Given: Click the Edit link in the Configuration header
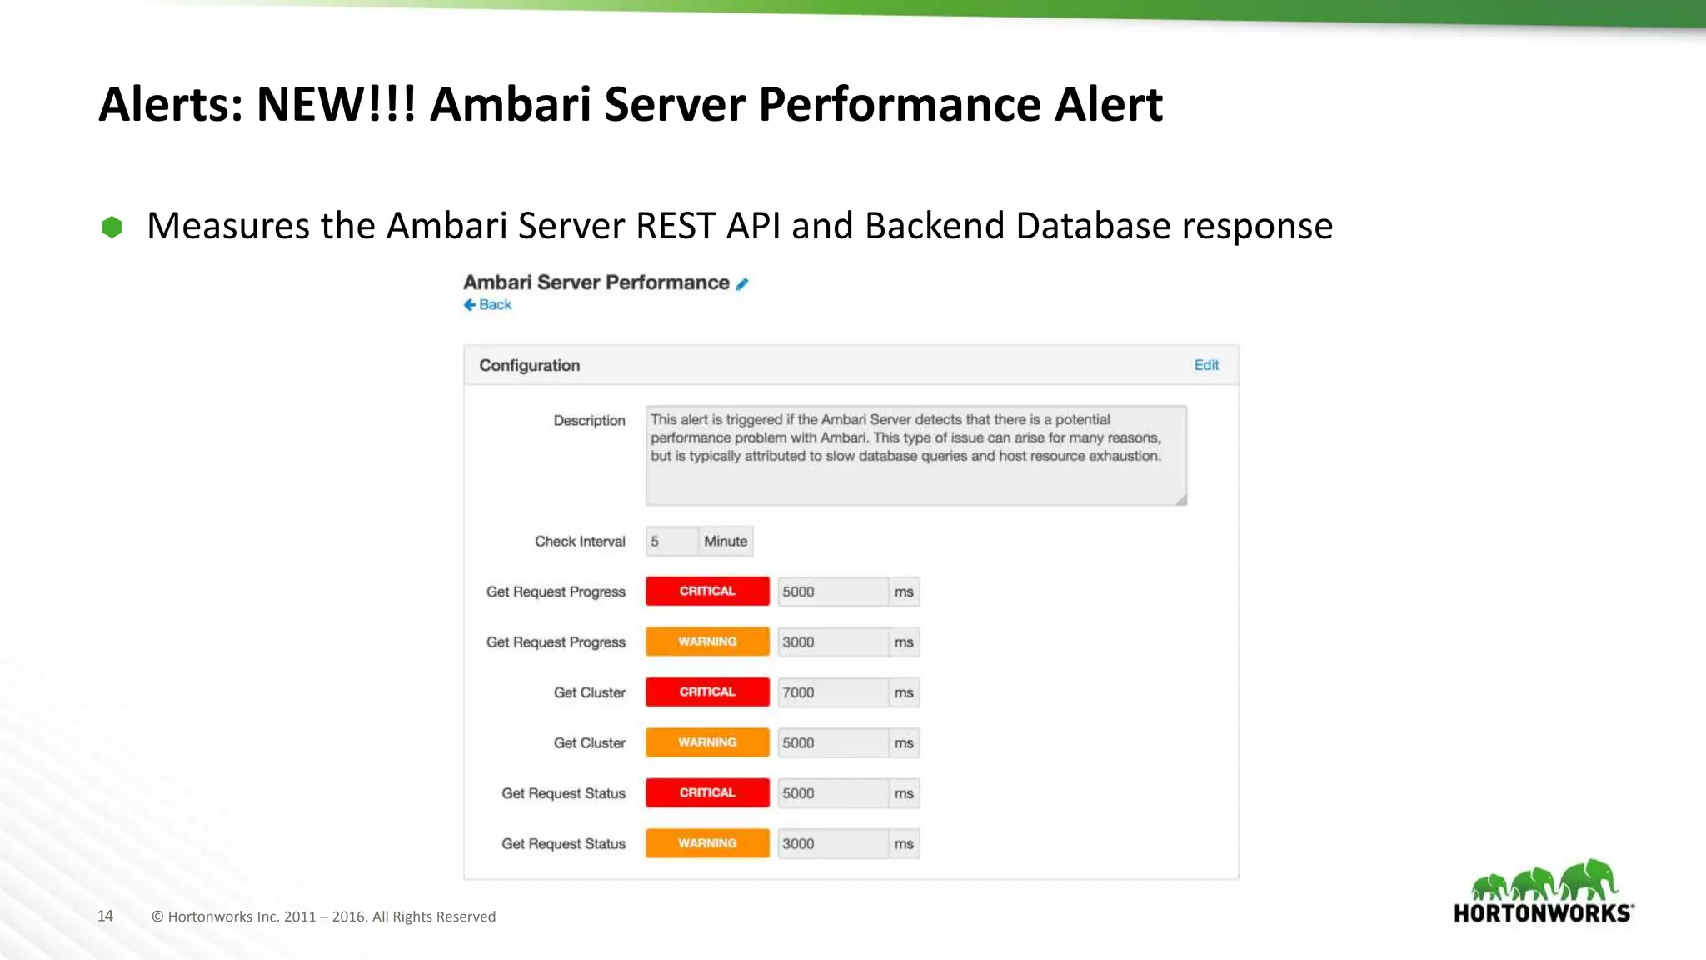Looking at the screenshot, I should pyautogui.click(x=1205, y=365).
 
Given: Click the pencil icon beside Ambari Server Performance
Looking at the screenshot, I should pyautogui.click(x=742, y=284).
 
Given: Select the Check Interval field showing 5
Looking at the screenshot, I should pyautogui.click(x=671, y=542).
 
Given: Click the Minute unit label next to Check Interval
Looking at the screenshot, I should pyautogui.click(x=726, y=542).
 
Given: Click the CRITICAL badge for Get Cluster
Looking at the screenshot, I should pyautogui.click(x=707, y=692).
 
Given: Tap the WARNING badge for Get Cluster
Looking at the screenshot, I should pyautogui.click(x=707, y=742).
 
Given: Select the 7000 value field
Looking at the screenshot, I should pyautogui.click(x=832, y=693).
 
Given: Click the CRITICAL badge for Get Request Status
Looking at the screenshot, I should pyautogui.click(x=707, y=793).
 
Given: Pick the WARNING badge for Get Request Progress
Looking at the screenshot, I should pyautogui.click(x=707, y=642).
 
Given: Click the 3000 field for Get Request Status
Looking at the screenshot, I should pyautogui.click(x=832, y=844).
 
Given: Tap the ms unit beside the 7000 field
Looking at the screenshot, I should pyautogui.click(x=904, y=693).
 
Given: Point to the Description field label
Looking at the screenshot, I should pyautogui.click(x=589, y=421).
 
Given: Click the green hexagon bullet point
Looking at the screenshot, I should pyautogui.click(x=112, y=227).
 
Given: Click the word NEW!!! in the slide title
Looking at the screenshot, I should pyautogui.click(x=336, y=105).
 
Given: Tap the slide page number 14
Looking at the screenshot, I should pyautogui.click(x=105, y=917).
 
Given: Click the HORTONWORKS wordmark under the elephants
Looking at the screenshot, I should pyautogui.click(x=1542, y=913).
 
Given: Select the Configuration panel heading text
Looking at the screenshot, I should pyautogui.click(x=530, y=366).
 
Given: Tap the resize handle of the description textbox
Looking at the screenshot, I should pyautogui.click(x=1181, y=500).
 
